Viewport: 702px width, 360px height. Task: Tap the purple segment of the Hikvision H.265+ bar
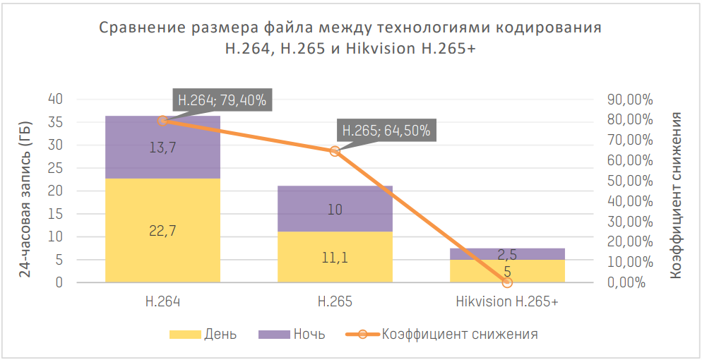(507, 253)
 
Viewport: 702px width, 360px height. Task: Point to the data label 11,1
(335, 257)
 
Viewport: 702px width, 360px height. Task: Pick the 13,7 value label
(162, 147)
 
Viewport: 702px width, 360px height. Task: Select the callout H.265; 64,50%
(386, 131)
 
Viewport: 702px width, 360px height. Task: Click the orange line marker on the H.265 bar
(335, 151)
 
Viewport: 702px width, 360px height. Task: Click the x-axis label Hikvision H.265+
(507, 302)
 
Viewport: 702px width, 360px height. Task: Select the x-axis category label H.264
(162, 302)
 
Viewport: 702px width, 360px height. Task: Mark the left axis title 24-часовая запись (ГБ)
(25, 191)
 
